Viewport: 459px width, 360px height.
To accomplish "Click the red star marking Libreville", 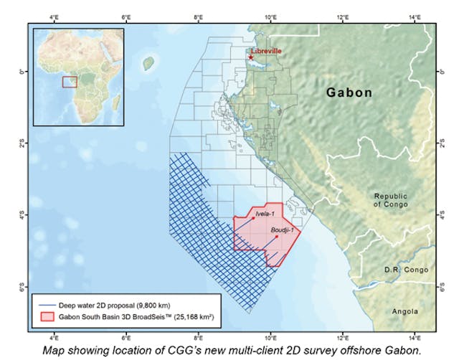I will tap(250, 57).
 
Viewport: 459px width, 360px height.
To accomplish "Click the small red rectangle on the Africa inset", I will tap(70, 82).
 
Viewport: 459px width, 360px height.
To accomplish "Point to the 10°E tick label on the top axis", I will tap(270, 16).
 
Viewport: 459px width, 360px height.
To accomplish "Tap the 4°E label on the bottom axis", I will tap(54, 336).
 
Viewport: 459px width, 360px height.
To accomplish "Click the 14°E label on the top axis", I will tap(415, 16).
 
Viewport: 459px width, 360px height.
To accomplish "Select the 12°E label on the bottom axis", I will tap(343, 336).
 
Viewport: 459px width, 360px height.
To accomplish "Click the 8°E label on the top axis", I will tap(198, 16).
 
